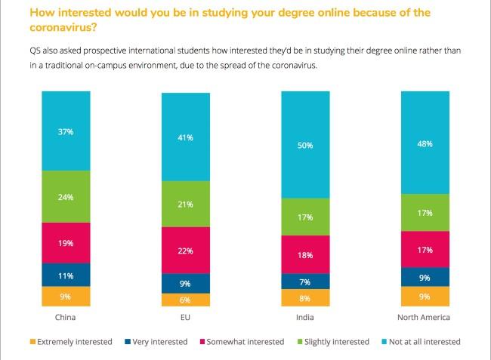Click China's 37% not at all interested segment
tap(66, 131)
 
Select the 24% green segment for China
tap(66, 196)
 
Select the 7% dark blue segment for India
tap(305, 281)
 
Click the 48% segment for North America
tap(425, 142)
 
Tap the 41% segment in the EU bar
tap(186, 137)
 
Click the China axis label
tap(66, 317)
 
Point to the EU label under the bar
tap(186, 317)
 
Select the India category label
tap(305, 317)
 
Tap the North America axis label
tap(425, 317)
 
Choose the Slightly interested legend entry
tap(338, 342)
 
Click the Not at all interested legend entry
tap(426, 342)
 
